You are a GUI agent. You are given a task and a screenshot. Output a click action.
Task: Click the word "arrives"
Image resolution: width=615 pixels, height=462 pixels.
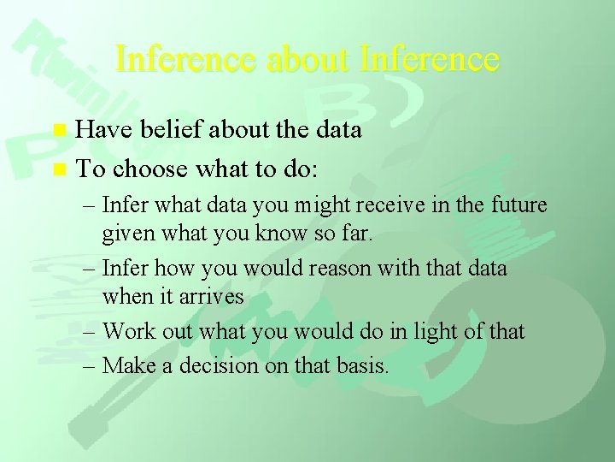[208, 296]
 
